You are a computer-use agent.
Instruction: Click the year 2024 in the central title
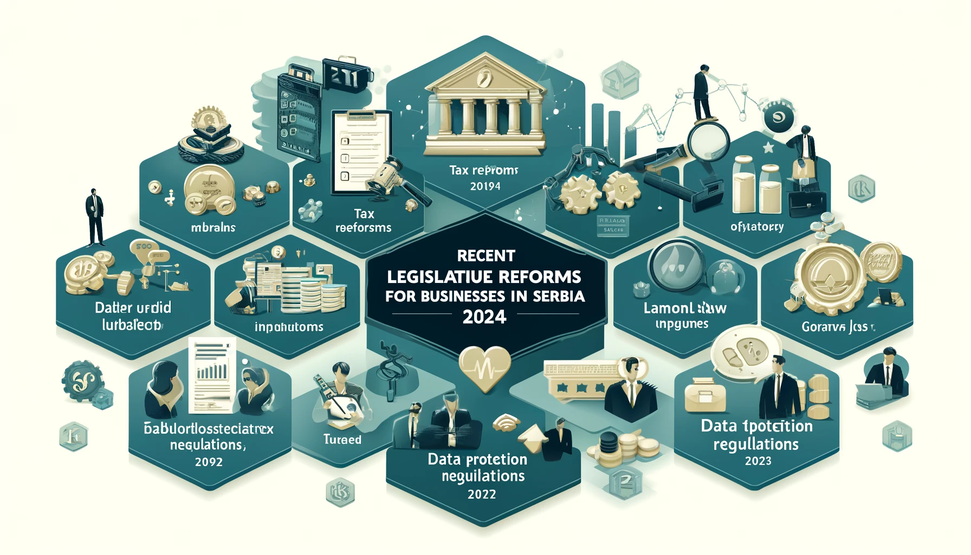pyautogui.click(x=484, y=317)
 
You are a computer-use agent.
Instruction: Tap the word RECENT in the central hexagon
pyautogui.click(x=486, y=255)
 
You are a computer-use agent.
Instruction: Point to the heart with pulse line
pyautogui.click(x=484, y=367)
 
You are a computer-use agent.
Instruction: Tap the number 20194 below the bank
pyautogui.click(x=485, y=186)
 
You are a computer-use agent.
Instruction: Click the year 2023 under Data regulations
pyautogui.click(x=758, y=461)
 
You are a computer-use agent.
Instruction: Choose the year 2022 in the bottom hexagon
pyautogui.click(x=482, y=494)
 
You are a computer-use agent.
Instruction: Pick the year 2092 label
pyautogui.click(x=209, y=462)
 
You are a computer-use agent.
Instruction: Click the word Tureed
pyautogui.click(x=342, y=440)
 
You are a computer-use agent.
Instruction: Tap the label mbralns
pyautogui.click(x=213, y=228)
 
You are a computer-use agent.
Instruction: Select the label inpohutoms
pyautogui.click(x=289, y=327)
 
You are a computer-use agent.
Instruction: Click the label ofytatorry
pyautogui.click(x=757, y=227)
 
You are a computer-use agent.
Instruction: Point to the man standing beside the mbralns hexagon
pyautogui.click(x=95, y=217)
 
